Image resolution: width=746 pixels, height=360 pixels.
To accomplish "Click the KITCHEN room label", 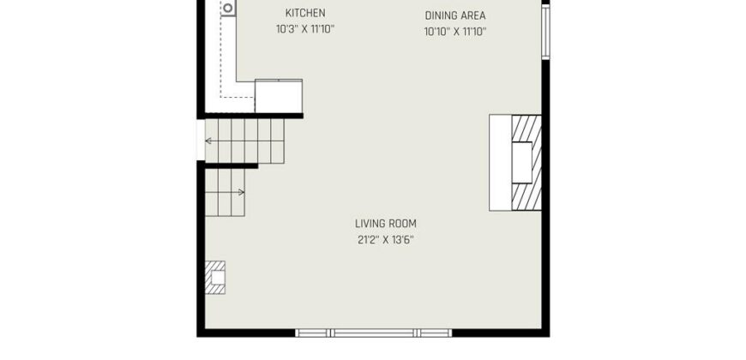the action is [305, 13].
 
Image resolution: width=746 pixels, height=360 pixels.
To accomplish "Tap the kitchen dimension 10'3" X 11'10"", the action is [305, 29].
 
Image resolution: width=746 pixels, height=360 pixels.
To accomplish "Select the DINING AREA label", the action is [455, 15].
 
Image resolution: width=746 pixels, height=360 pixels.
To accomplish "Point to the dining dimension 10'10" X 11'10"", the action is [455, 32].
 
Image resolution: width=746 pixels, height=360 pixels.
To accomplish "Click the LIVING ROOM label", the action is [386, 224].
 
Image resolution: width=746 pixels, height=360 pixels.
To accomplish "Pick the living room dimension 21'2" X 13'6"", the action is [386, 240].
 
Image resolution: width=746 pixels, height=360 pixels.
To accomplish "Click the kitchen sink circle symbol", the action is [228, 8].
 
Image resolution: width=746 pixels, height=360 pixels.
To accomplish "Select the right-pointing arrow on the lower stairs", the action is [225, 192].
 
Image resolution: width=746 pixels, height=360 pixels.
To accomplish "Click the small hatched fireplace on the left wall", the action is [215, 277].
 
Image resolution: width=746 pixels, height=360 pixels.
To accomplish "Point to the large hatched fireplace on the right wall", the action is [526, 163].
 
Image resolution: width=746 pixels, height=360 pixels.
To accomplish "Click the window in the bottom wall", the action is [373, 333].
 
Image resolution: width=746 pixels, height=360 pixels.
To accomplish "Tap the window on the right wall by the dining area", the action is [545, 32].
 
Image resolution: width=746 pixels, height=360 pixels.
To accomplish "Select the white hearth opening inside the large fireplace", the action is [522, 163].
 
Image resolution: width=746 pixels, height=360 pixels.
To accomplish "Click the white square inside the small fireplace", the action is [218, 277].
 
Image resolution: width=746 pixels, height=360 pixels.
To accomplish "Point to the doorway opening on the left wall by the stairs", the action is [201, 140].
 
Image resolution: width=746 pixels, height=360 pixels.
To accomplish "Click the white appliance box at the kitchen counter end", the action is [279, 96].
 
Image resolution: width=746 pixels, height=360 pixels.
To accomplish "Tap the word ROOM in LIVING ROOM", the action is [403, 224].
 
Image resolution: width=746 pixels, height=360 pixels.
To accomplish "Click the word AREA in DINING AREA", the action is [473, 15].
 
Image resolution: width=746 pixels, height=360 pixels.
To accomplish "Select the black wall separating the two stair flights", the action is [232, 166].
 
